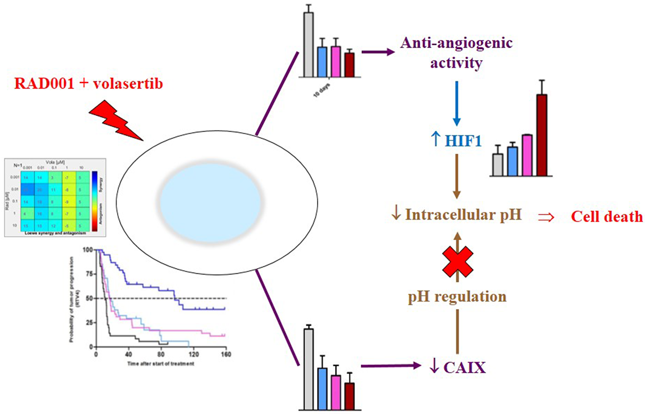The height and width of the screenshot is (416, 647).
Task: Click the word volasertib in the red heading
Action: point(128,83)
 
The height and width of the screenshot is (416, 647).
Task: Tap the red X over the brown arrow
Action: point(457,261)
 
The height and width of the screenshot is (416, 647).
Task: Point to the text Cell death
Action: point(607,217)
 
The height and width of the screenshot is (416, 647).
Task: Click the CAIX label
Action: point(465,368)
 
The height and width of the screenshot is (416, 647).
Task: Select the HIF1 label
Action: point(463,141)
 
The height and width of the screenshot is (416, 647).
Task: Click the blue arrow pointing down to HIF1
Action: point(456,103)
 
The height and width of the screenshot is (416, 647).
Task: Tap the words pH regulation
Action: point(457,296)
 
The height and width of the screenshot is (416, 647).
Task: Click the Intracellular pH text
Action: point(463,215)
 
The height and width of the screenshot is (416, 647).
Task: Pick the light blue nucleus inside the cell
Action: point(211,202)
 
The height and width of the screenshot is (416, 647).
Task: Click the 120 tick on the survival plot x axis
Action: point(193,354)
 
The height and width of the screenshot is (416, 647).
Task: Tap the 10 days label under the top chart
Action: point(322,91)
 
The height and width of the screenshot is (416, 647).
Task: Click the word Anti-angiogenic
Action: point(456,43)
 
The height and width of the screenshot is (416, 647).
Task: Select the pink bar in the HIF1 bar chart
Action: point(527,155)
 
